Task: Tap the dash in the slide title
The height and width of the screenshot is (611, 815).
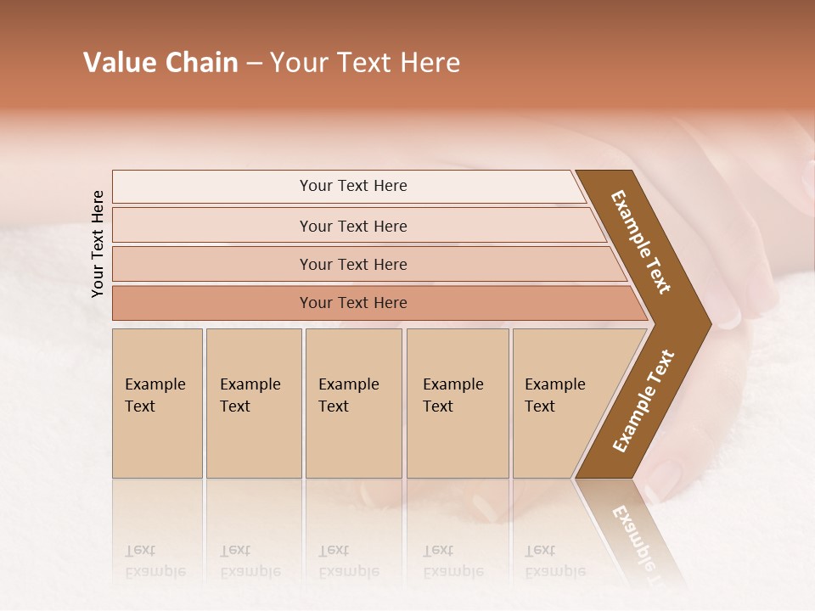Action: click(254, 64)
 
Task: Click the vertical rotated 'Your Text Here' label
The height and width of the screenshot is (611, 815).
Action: click(98, 244)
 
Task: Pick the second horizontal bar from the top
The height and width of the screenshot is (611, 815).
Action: click(352, 226)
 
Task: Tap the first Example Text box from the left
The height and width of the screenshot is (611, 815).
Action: click(157, 403)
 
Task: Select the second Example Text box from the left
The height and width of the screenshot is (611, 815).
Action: click(253, 403)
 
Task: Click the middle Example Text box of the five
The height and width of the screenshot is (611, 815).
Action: click(353, 403)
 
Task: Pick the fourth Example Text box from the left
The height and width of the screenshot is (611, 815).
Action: click(458, 403)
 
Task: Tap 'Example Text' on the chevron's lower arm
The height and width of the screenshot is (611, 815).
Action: click(644, 401)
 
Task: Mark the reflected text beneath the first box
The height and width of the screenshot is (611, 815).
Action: click(155, 561)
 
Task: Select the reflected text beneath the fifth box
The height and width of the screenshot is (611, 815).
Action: click(554, 561)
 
